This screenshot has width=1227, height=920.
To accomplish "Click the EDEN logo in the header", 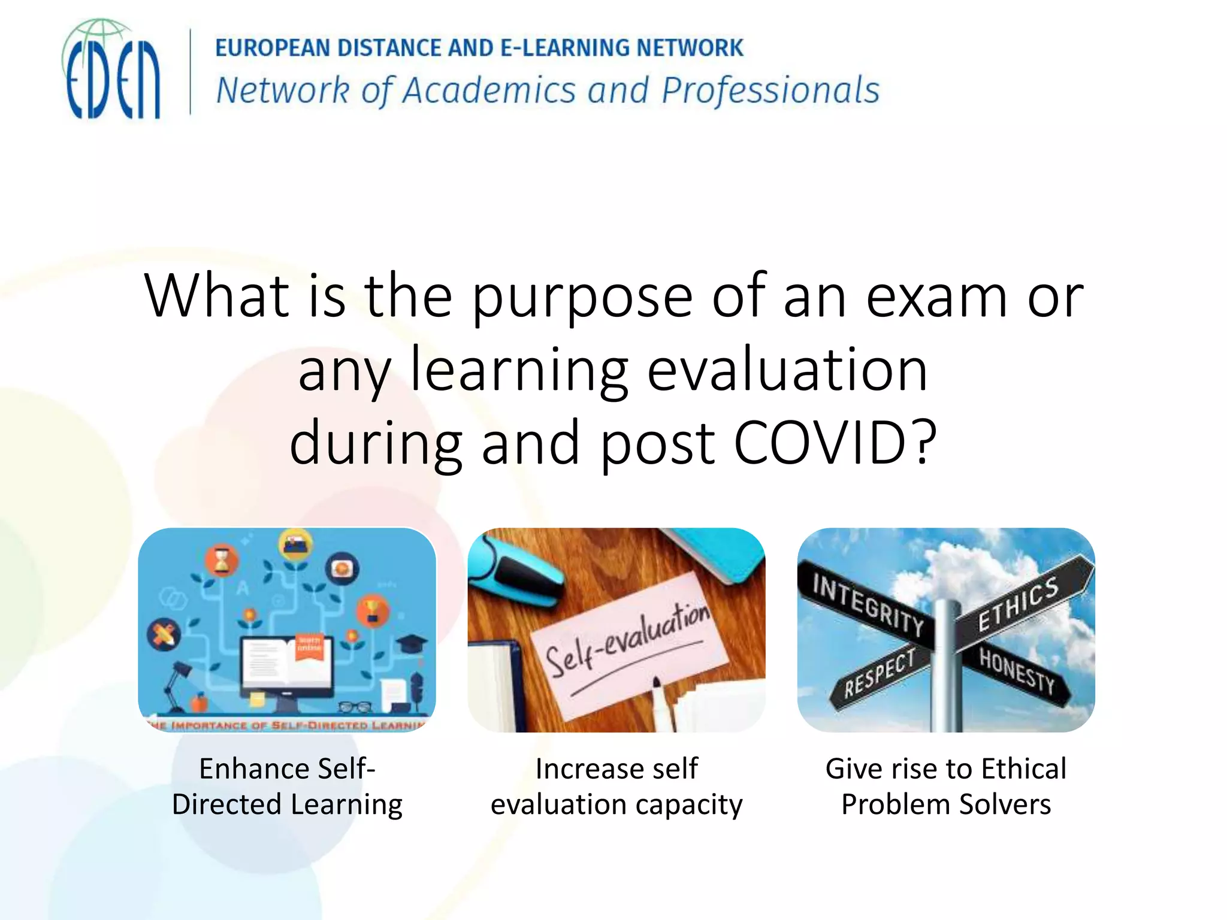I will coord(111,71).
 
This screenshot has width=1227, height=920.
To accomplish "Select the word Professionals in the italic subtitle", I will coord(770,91).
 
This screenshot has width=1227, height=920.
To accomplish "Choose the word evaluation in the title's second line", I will coord(787,370).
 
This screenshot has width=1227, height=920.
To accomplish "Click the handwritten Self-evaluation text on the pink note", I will coord(627,641).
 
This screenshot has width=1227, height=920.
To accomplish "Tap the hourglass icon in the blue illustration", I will coord(222,561).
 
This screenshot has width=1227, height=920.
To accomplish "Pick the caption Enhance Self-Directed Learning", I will coord(287,786).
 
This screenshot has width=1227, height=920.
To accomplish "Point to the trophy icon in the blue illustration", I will coord(372,611).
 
